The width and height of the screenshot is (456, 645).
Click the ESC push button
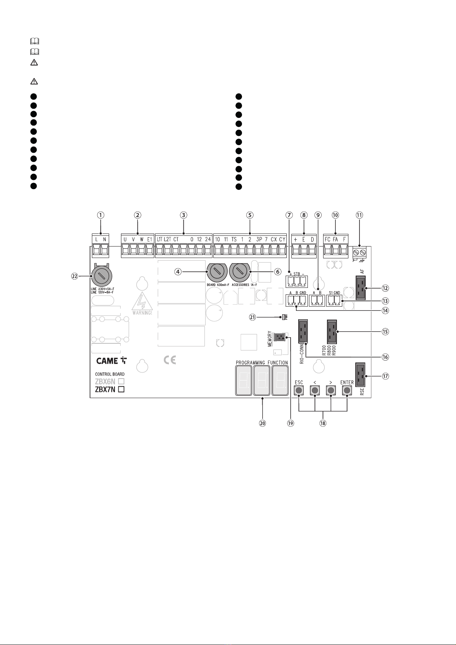(299, 390)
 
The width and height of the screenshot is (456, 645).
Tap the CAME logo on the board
(111, 361)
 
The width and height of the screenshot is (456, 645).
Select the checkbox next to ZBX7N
(121, 389)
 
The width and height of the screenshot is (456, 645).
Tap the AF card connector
(361, 288)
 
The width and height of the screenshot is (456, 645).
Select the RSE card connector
(360, 375)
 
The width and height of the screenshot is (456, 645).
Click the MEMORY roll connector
(279, 337)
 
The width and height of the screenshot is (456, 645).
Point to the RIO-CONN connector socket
(303, 331)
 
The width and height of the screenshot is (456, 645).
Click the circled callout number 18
(323, 423)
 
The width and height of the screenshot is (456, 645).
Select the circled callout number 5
(250, 215)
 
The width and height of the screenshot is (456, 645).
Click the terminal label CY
(282, 240)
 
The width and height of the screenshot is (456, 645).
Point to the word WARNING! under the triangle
(142, 313)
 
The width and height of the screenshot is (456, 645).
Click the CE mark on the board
(170, 360)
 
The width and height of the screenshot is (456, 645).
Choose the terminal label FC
(327, 240)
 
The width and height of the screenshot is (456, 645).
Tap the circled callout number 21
(253, 317)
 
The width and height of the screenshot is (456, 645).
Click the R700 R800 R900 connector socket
(332, 331)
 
